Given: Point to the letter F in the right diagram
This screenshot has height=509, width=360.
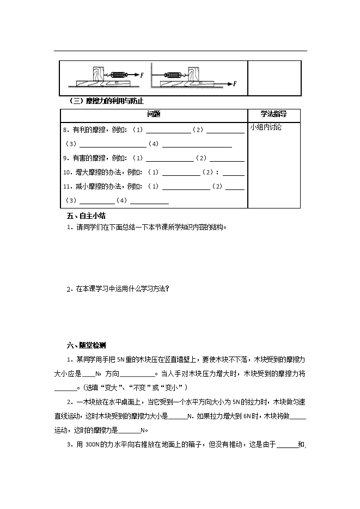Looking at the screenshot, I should pos(235,84).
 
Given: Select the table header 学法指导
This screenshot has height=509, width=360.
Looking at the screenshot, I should pos(273,114).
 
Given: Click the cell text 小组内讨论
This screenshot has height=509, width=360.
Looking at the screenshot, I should pos(266,127).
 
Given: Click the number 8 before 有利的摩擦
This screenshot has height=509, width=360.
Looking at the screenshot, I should pos(65,130).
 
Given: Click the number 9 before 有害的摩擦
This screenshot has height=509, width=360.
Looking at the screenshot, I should pos(65,158).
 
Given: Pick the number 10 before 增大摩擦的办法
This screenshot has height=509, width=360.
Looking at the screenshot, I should pos(67,173).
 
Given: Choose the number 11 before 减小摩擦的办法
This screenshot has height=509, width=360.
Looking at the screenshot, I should pos(67,187).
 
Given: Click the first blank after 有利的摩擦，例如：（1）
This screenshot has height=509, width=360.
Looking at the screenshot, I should pos(168,131).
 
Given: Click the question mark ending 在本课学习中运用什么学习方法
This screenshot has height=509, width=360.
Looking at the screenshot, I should pos(167,289).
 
